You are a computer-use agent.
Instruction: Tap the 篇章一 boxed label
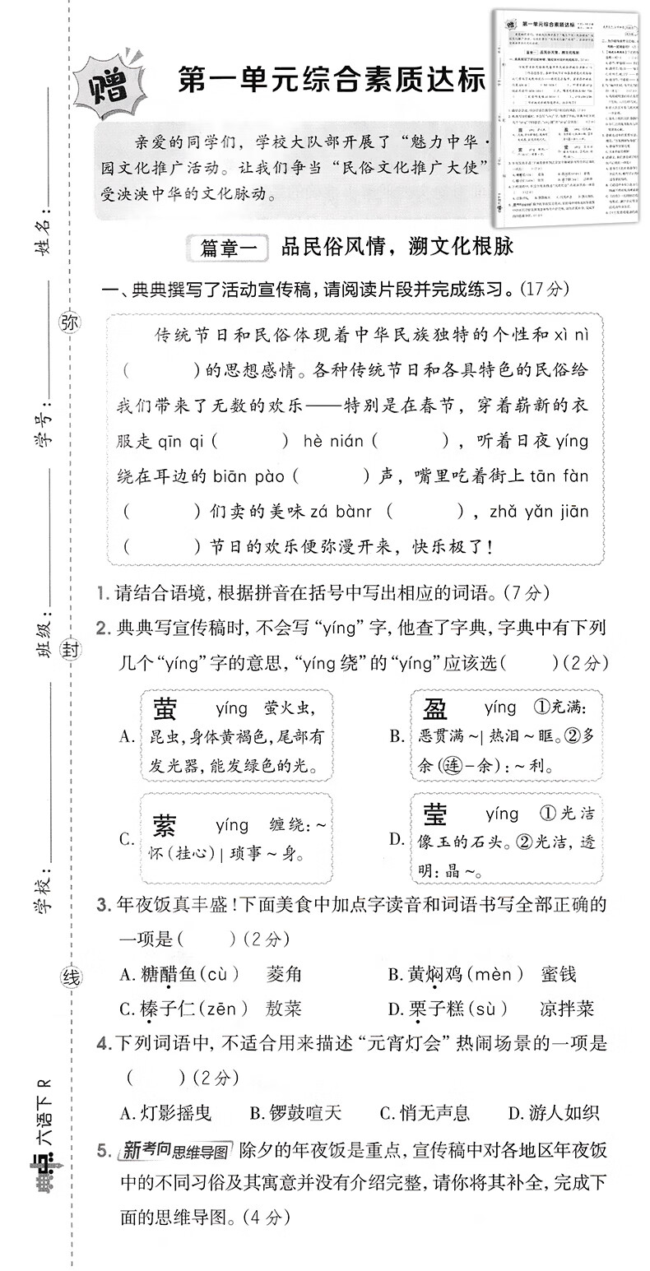coord(224,247)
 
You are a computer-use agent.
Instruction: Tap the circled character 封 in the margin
coord(70,650)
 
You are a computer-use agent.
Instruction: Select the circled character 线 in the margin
coord(71,978)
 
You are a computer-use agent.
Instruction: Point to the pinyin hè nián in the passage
coord(334,441)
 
